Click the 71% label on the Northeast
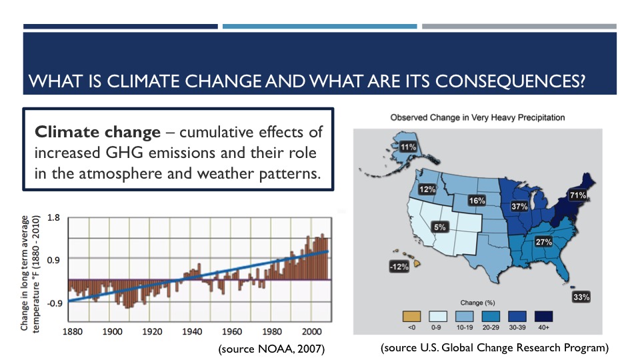coord(577,195)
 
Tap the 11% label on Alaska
coord(408,147)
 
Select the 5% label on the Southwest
coord(439,227)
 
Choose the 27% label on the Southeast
coord(543,241)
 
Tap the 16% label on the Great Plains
coord(476,201)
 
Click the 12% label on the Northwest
coord(427,189)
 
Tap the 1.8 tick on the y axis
coord(55,217)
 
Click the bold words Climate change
coord(97,132)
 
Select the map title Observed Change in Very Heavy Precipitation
coord(477,117)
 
